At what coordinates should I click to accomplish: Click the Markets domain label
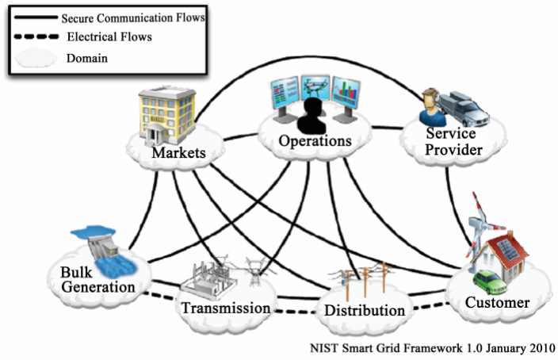(178, 153)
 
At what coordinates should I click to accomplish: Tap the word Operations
(315, 141)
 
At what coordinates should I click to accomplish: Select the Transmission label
(226, 308)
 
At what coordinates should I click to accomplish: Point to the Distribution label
(365, 311)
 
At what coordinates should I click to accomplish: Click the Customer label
(497, 303)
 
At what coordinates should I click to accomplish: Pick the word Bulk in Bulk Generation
(76, 273)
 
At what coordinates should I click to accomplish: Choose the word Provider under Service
(453, 150)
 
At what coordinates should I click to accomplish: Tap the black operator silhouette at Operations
(312, 116)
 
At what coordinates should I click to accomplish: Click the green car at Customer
(490, 281)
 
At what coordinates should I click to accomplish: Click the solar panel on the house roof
(510, 249)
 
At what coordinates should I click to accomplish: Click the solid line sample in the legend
(35, 17)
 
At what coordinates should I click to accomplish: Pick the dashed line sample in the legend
(36, 36)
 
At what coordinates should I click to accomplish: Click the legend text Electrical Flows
(109, 36)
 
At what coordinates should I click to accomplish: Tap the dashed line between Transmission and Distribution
(295, 312)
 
